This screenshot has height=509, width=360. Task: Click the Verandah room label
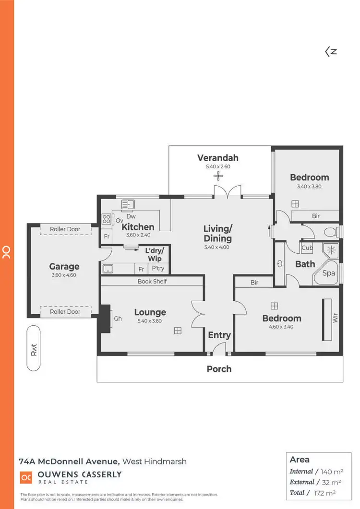[x=218, y=158]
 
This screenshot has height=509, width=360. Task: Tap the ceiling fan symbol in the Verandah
[x=219, y=177]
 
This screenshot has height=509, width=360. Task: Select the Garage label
[x=64, y=267]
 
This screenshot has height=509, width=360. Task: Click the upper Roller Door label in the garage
[x=65, y=229]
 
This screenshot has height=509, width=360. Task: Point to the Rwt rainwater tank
[x=34, y=348]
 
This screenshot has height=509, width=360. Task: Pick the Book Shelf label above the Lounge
[x=152, y=281]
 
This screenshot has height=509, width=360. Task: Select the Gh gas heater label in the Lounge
[x=118, y=319]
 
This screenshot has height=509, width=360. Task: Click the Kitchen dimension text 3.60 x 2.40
[x=138, y=235]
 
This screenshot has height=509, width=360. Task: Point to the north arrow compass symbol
[x=331, y=52]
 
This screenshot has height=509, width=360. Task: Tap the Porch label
[x=219, y=369]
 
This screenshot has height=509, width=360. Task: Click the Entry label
[x=219, y=335]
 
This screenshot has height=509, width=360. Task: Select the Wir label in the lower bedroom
[x=335, y=318]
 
